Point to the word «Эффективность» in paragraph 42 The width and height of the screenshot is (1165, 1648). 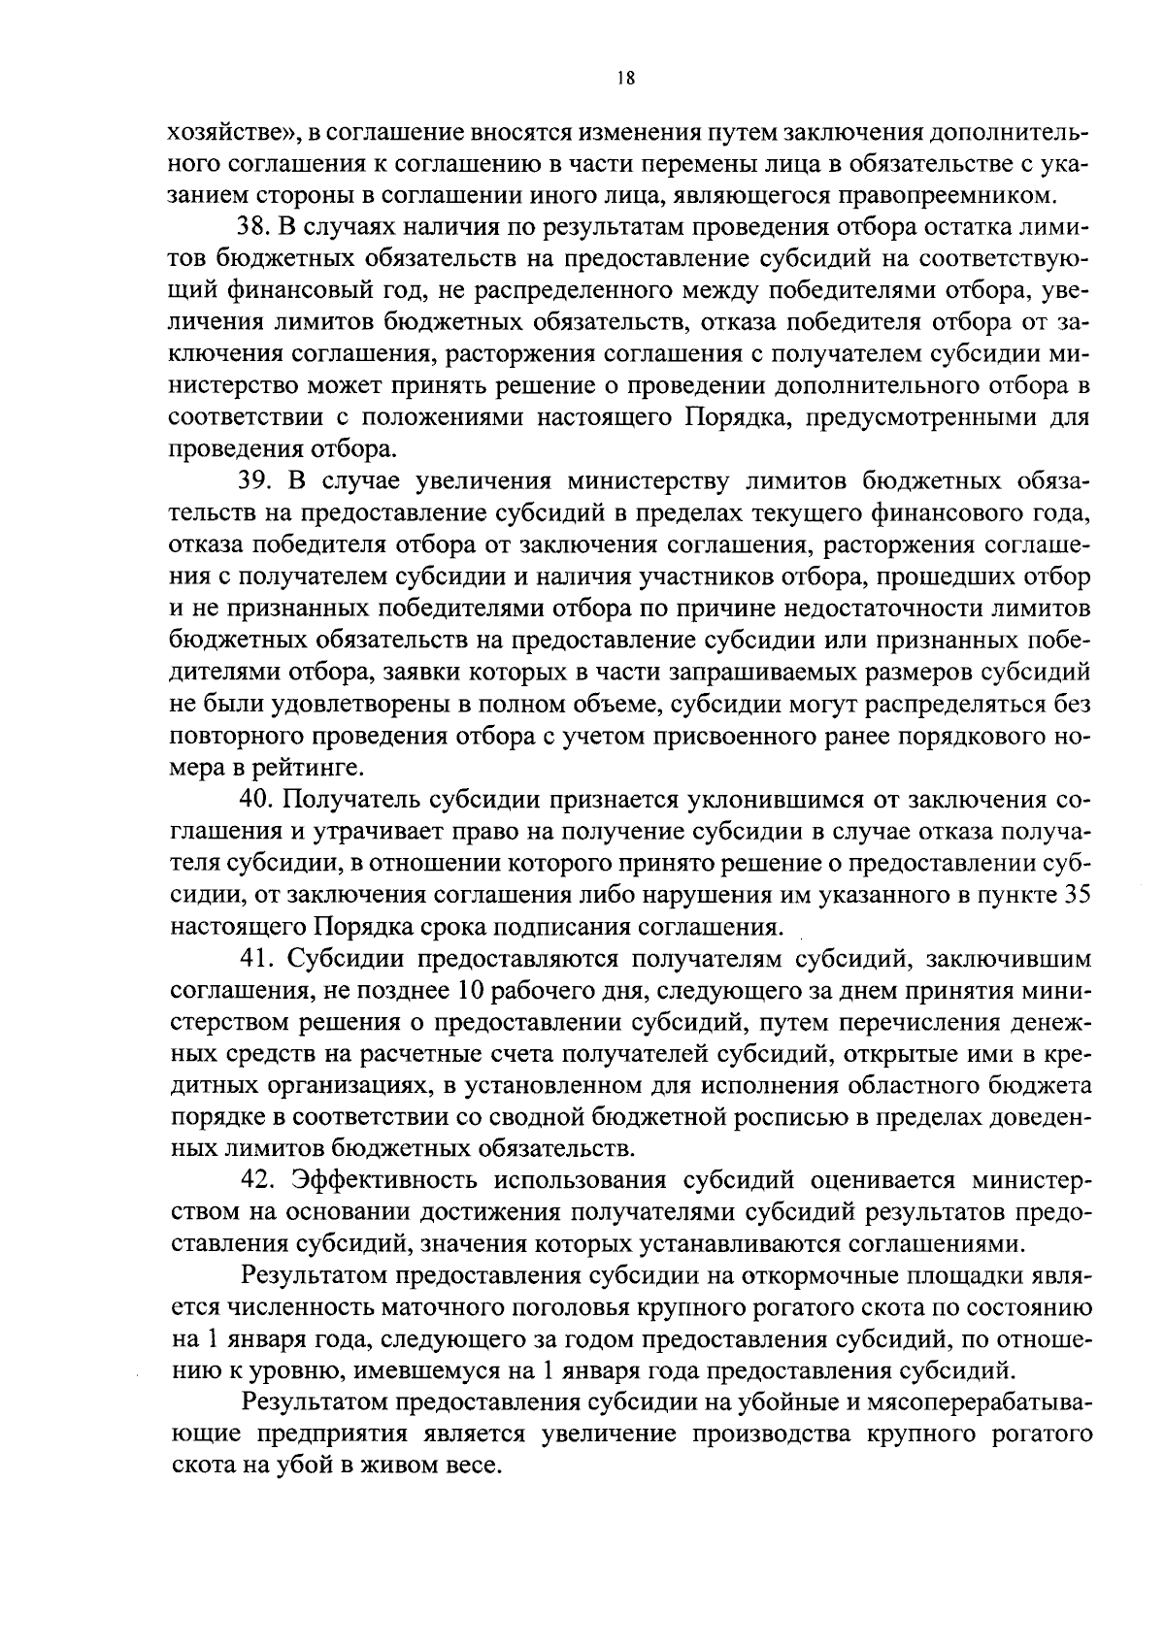click(386, 1181)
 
